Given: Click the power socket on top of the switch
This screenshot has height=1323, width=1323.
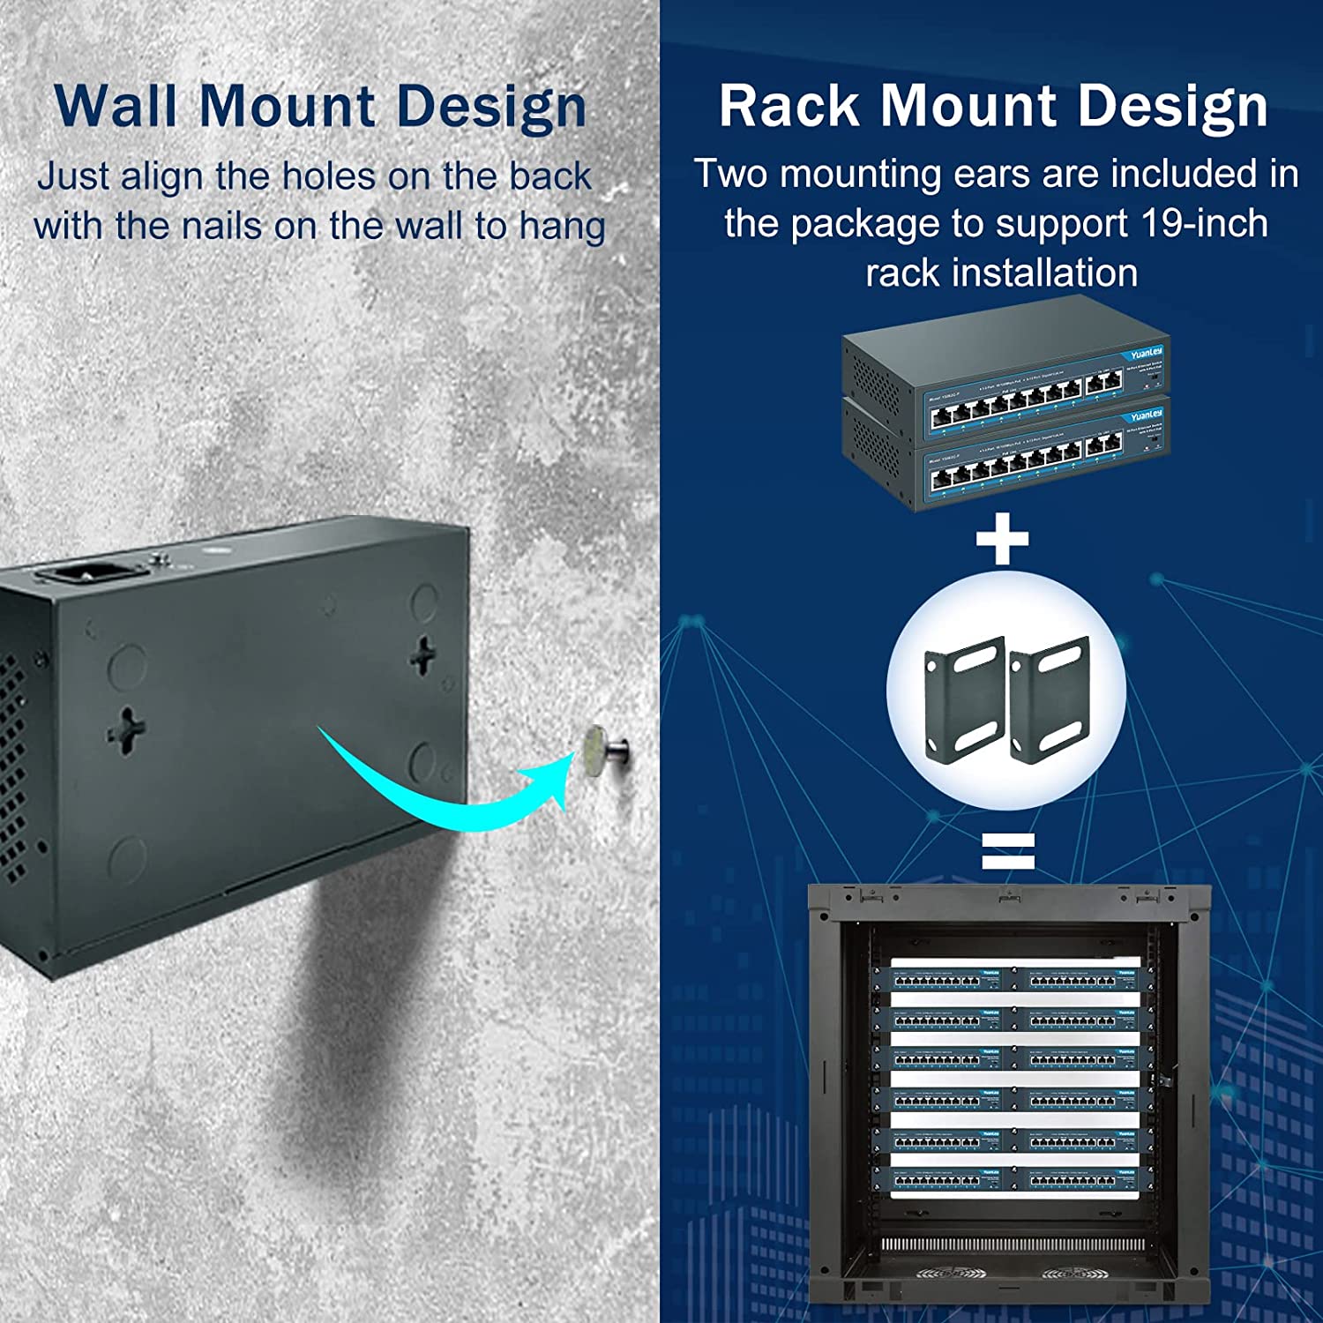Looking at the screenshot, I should point(85,574).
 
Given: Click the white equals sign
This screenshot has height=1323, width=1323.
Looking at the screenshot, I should point(1007,851).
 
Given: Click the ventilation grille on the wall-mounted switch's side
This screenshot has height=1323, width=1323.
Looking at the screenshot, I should point(12,767).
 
